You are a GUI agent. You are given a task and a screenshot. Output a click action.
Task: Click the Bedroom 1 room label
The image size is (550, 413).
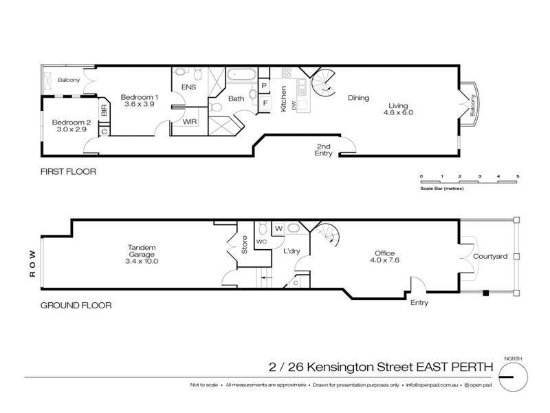(x=140, y=101)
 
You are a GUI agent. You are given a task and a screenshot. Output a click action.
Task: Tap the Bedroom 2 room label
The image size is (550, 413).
(x=69, y=127)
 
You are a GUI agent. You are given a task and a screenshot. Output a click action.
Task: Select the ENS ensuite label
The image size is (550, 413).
(x=188, y=87)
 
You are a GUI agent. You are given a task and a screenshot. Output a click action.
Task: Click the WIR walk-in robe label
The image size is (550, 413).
(x=190, y=121)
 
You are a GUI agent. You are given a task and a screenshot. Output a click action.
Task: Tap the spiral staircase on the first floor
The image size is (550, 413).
(x=320, y=86)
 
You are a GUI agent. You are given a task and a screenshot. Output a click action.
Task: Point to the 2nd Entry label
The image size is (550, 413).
(x=324, y=150)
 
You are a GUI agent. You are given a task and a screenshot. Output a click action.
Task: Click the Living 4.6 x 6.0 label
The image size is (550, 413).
(x=398, y=107)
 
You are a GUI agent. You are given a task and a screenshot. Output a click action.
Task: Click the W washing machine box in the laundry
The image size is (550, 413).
(x=278, y=228)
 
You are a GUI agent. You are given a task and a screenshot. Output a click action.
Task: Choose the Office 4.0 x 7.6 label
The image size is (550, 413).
(x=384, y=257)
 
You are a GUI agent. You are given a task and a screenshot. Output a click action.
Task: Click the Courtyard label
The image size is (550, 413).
(x=490, y=257)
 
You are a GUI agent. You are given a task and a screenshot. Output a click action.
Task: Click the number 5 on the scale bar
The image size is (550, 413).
(x=518, y=176)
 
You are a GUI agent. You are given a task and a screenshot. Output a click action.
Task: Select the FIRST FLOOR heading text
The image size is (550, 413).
(x=67, y=171)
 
